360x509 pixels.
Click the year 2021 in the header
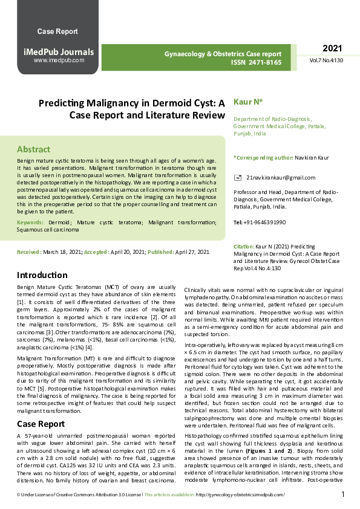332,48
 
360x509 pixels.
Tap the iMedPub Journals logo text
58,52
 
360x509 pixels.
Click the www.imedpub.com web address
59,60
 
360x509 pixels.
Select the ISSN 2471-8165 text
256,62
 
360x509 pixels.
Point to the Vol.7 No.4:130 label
327,61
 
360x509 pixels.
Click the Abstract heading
33,149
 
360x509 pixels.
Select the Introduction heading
42,274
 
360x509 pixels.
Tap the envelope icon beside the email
237,178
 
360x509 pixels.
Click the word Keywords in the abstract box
30,223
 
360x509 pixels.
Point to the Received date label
29,251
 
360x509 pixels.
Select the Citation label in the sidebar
243,247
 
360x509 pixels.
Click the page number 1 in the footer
343,494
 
